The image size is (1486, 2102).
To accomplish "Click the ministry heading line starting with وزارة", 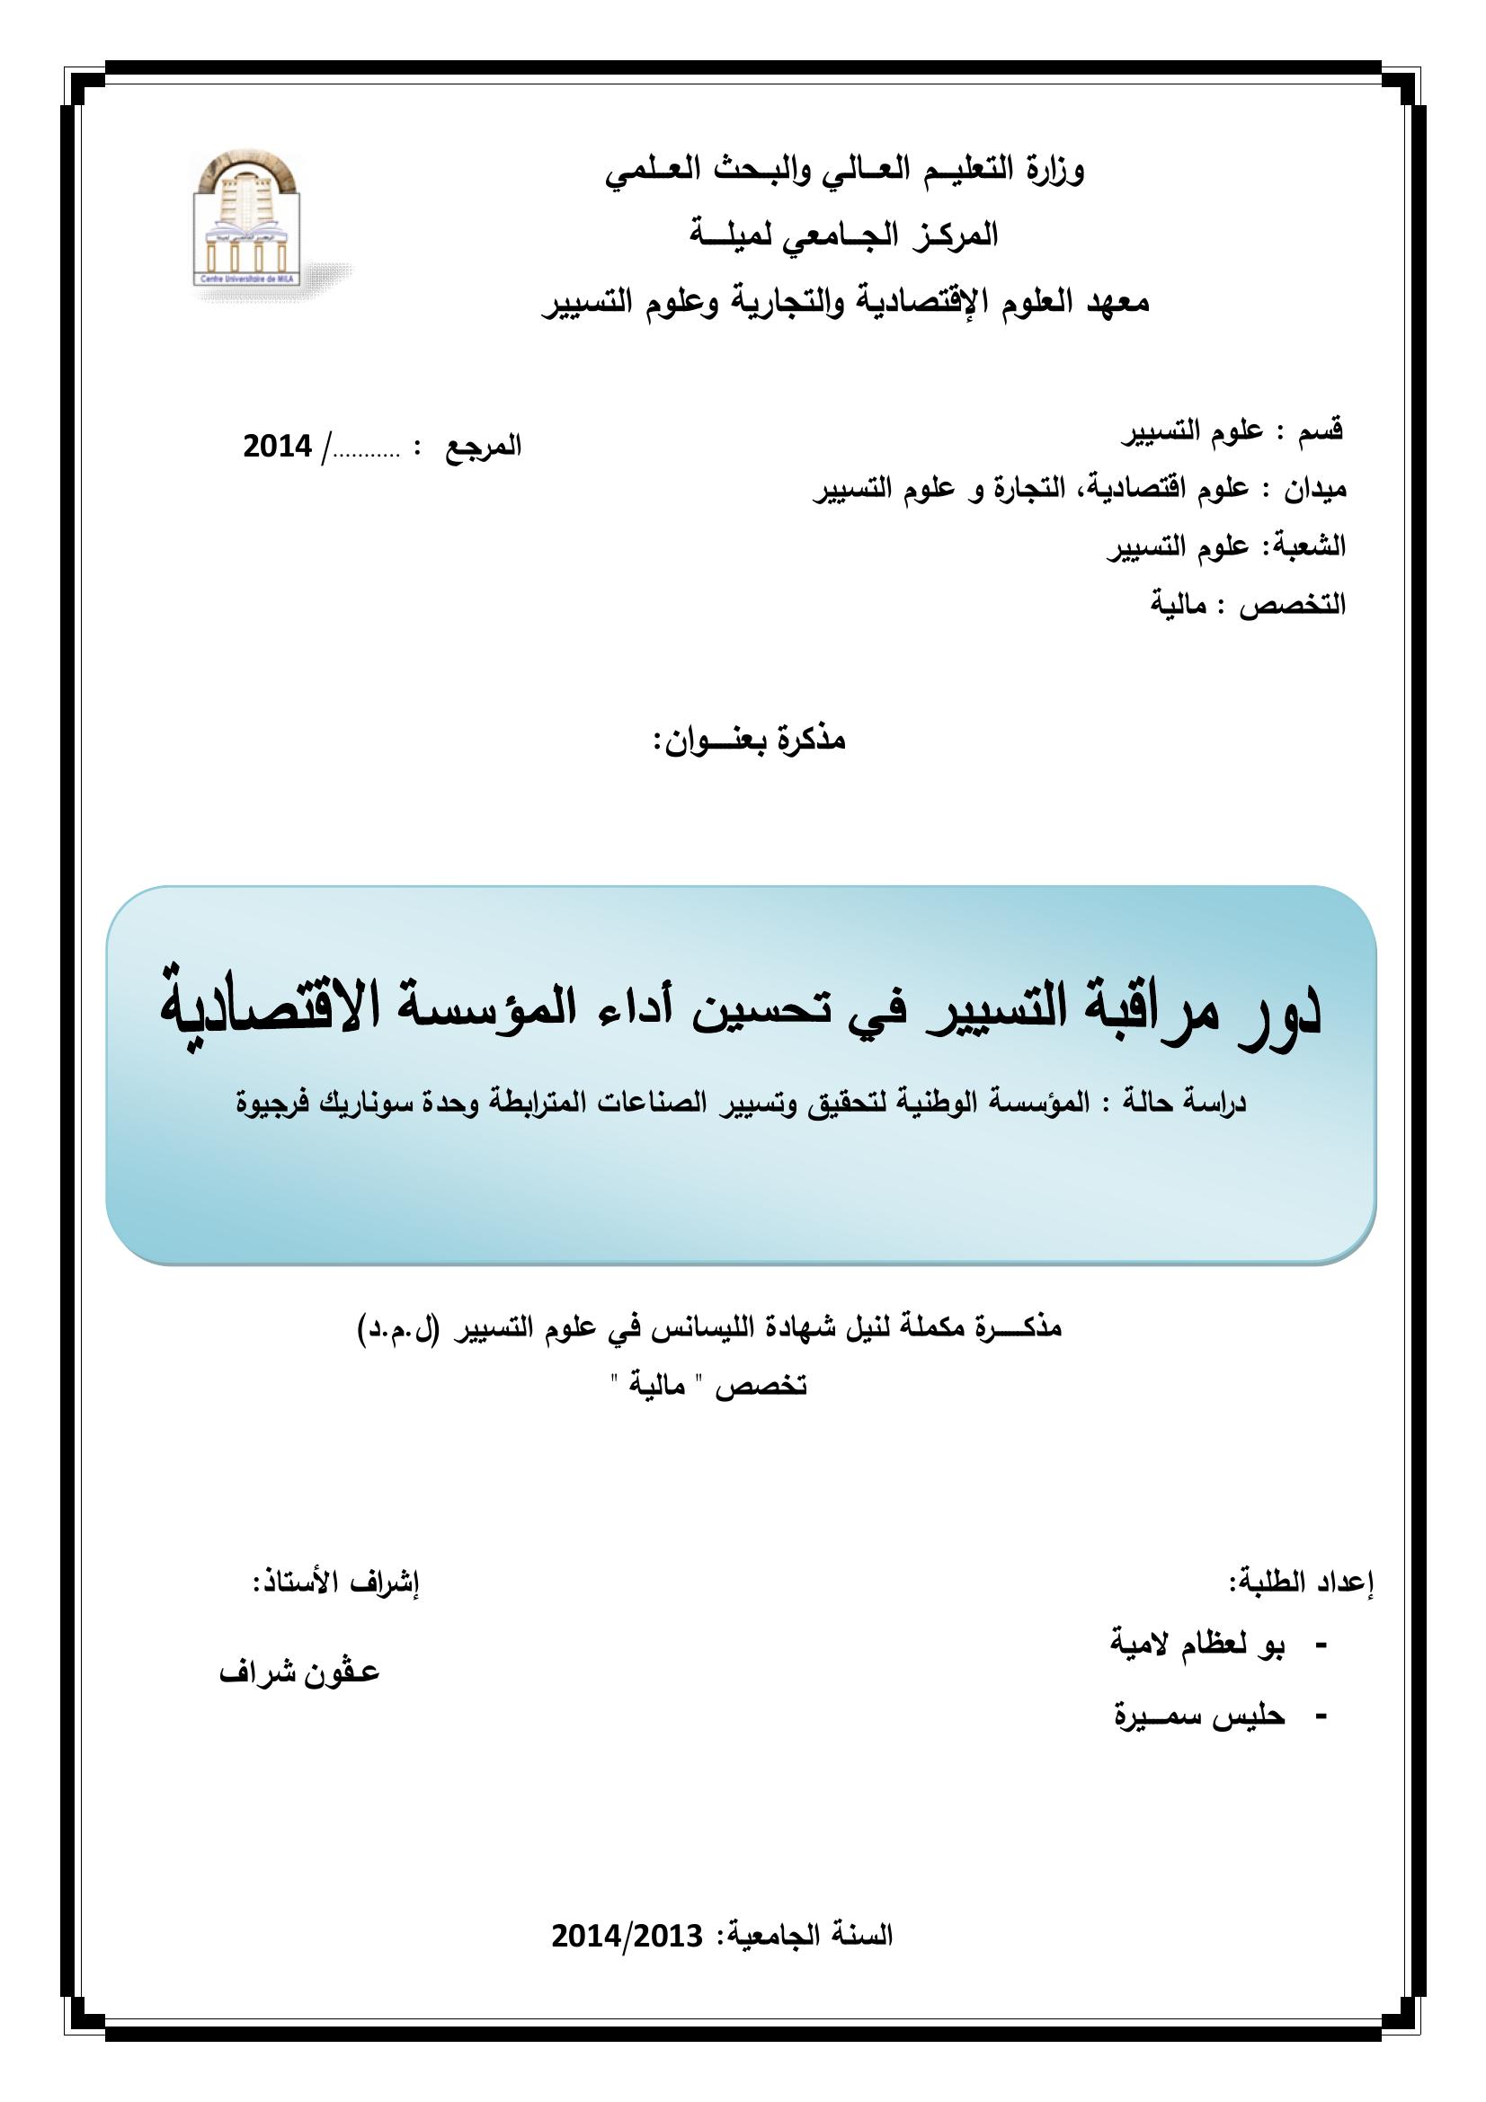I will [844, 172].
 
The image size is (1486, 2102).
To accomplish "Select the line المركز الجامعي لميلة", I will [843, 237].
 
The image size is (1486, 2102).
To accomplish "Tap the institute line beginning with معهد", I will [843, 304].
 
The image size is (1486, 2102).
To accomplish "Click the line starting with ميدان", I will [1081, 489].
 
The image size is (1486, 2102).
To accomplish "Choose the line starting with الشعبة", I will [1226, 546].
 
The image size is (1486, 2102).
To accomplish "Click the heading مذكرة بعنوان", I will [750, 740].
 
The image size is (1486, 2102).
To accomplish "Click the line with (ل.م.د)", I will [709, 1328].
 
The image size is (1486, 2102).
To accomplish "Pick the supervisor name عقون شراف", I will [299, 1672].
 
